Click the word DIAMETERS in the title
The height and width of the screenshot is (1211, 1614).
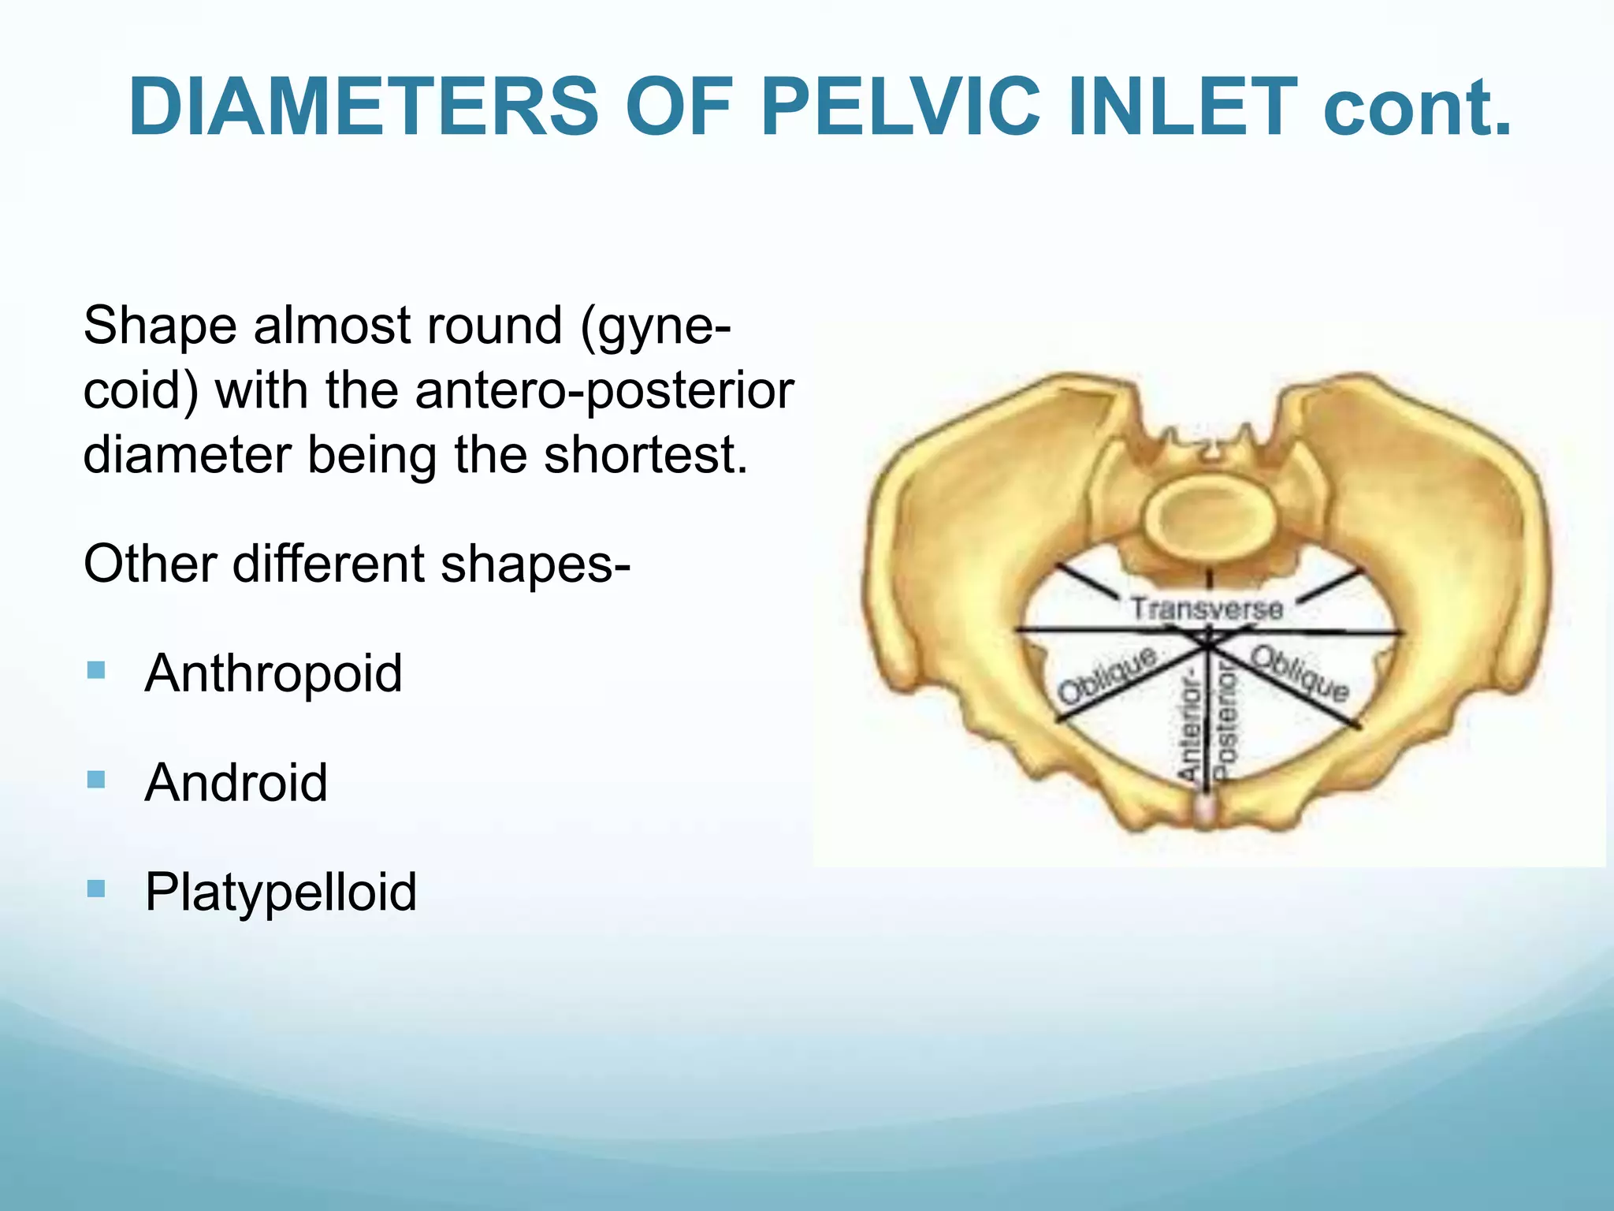click(364, 107)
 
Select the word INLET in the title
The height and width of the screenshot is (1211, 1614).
click(1182, 107)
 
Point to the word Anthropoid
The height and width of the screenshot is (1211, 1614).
click(273, 673)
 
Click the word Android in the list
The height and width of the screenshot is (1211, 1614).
click(236, 782)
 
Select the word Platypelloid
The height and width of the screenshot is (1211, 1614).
click(281, 892)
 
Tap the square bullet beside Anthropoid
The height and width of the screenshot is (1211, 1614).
click(96, 671)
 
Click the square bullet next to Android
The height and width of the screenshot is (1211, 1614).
click(96, 780)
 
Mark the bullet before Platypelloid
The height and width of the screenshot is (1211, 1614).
click(96, 889)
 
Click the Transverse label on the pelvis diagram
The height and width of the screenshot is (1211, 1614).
click(1207, 609)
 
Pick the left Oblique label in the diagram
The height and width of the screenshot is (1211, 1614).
click(1107, 676)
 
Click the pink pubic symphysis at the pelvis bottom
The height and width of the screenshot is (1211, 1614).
click(1204, 810)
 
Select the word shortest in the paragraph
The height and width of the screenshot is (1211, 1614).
click(645, 455)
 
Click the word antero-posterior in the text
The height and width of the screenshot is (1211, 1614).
click(604, 390)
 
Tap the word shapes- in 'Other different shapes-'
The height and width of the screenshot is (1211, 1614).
click(535, 565)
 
